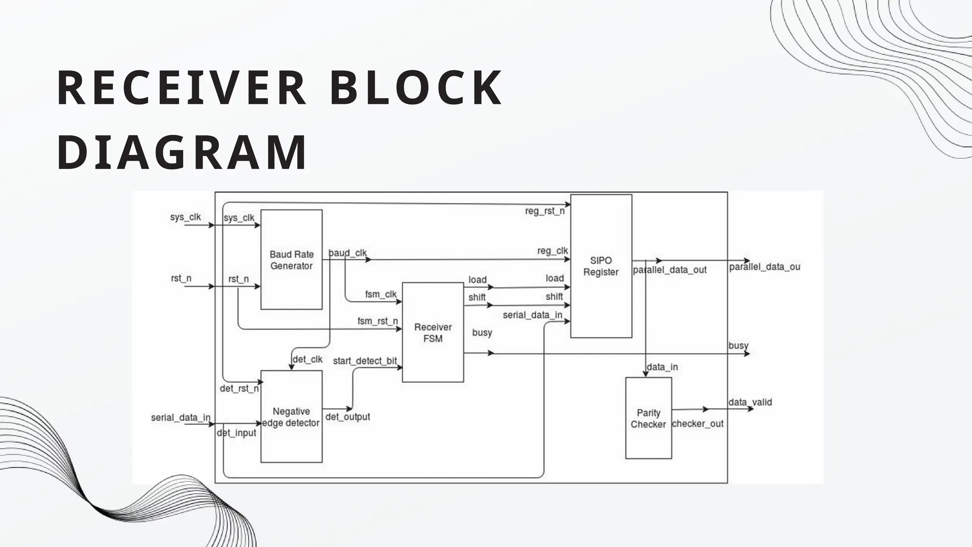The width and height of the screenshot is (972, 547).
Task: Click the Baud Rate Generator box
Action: coord(291,260)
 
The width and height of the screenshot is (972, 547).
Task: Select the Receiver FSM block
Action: coord(433,332)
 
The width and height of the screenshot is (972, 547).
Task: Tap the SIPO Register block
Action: coord(601,266)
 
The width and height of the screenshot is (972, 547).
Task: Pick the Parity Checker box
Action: coord(648,418)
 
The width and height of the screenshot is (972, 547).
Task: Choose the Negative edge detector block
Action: coord(291,417)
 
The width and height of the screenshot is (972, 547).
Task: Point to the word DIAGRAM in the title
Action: coord(182,153)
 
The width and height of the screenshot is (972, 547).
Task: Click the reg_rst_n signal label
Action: coord(545,211)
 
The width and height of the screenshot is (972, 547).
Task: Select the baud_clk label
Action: coord(348,253)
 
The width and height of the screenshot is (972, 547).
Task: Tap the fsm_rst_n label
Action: coord(377,321)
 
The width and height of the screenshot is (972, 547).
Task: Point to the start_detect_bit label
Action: coord(364,361)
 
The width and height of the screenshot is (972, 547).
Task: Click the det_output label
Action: coord(347,417)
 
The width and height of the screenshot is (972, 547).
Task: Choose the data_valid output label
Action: coord(750,402)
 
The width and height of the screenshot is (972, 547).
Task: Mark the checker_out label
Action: coord(698,424)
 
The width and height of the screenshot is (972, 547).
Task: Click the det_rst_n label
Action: coord(239,389)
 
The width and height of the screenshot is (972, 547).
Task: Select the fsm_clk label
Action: coord(381,294)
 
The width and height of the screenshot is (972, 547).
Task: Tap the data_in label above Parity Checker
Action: coord(662,367)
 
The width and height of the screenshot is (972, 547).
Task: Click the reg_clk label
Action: coord(552,251)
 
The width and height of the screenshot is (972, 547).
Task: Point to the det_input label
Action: coord(236,433)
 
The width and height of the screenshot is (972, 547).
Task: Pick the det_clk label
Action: coord(308,359)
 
